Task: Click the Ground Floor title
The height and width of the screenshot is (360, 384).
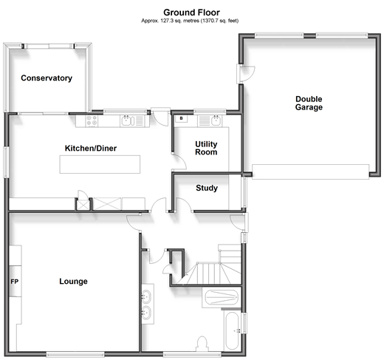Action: tap(191, 13)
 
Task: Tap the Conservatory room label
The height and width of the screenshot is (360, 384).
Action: tap(47, 78)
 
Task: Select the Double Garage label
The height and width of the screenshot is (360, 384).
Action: tap(309, 103)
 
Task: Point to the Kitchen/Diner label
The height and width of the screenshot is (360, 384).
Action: tap(91, 148)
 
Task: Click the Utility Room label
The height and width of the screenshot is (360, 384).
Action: tap(206, 148)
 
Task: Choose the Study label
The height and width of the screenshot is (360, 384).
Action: tap(207, 188)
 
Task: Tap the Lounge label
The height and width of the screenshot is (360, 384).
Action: tap(73, 281)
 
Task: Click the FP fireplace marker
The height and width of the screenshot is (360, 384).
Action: tap(15, 282)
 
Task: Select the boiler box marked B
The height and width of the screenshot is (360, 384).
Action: tap(181, 118)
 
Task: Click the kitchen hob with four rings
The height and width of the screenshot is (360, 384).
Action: tap(92, 121)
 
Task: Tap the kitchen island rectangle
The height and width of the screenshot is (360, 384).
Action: tap(100, 164)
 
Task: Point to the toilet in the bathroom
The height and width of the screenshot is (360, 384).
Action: tap(202, 344)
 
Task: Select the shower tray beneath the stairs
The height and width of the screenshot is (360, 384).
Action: tap(222, 297)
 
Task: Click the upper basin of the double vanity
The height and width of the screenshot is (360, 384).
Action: tap(146, 296)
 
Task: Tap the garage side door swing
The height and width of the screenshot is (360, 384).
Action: tap(246, 73)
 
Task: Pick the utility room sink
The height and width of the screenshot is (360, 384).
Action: tap(216, 120)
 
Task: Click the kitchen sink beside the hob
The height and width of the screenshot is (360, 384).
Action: tap(127, 120)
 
